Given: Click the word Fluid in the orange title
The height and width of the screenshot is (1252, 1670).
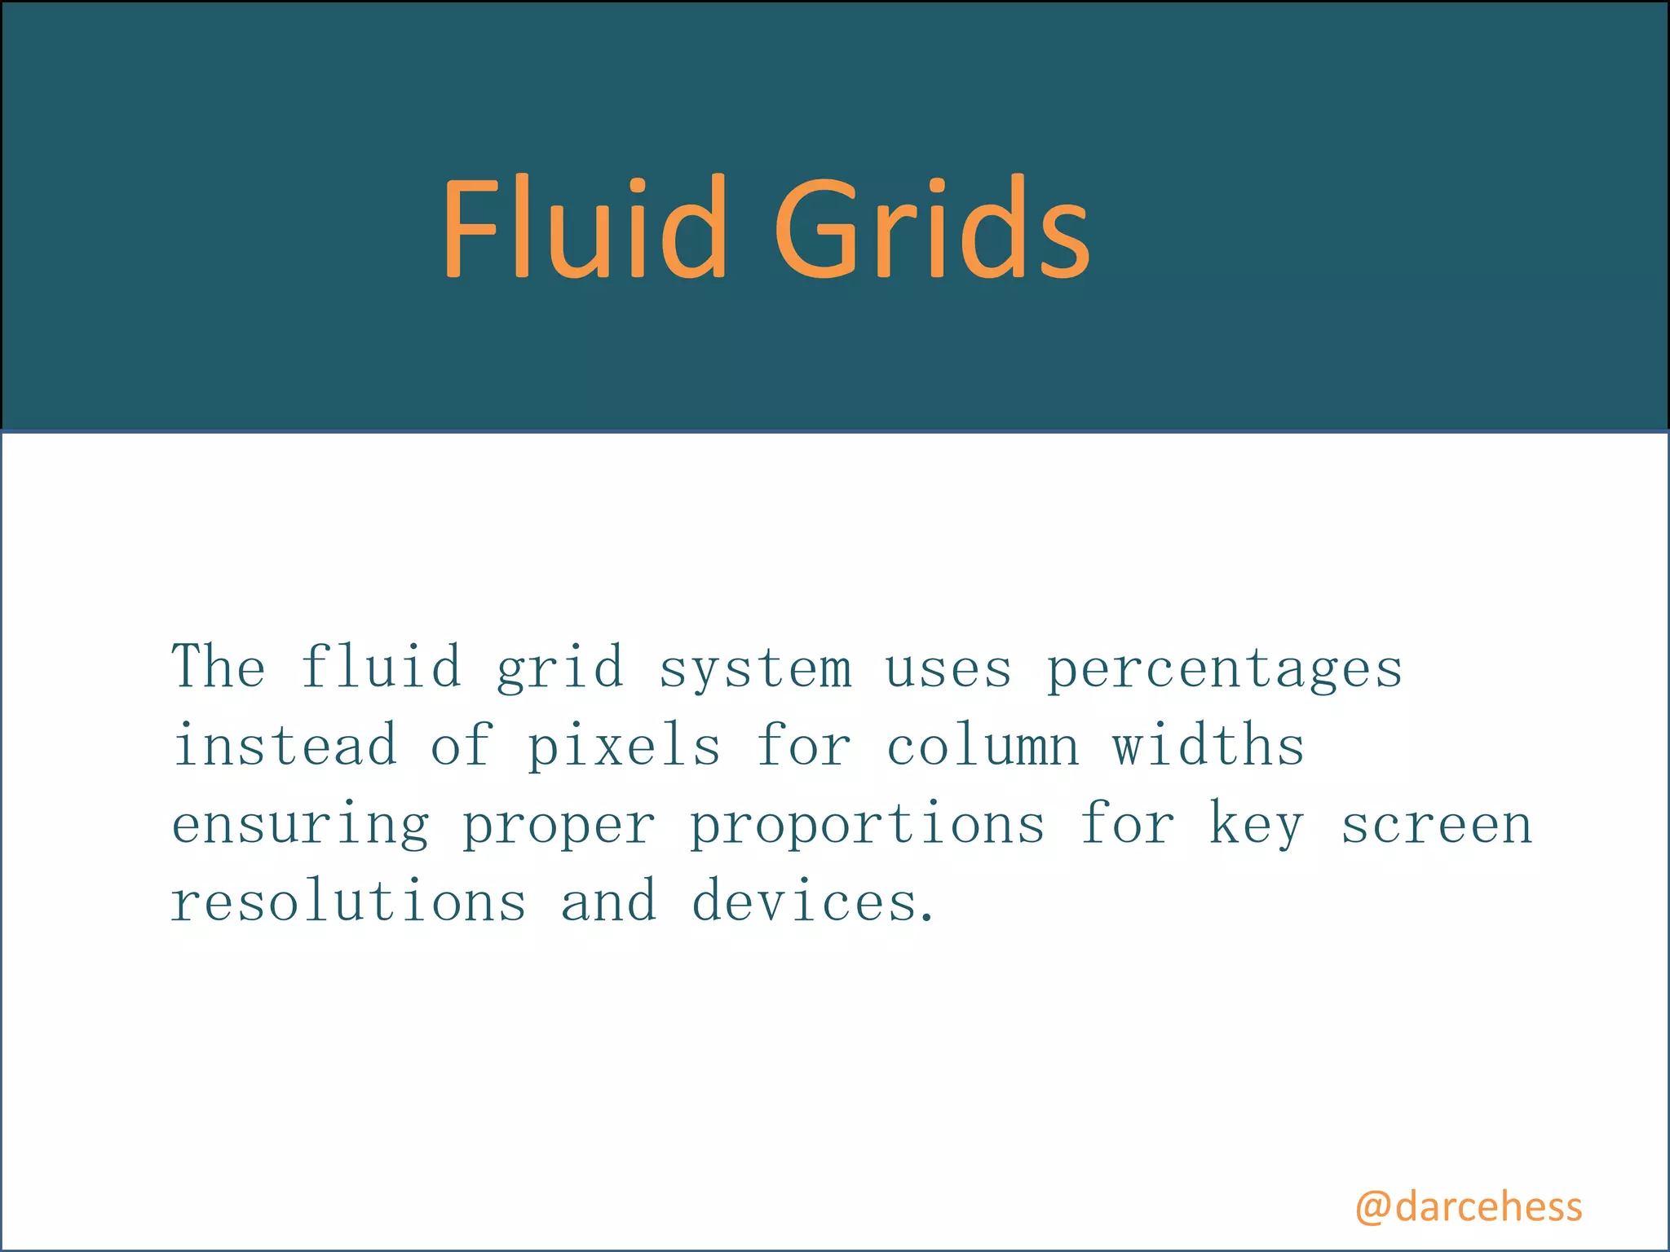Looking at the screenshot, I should [582, 227].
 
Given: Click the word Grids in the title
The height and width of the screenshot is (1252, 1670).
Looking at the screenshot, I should [930, 227].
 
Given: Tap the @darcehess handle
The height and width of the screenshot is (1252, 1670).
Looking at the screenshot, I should [1468, 1207].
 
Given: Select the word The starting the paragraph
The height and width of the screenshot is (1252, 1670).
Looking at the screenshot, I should [219, 667].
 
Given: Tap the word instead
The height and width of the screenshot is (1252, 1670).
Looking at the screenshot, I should [285, 745].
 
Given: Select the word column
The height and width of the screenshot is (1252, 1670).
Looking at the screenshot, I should [983, 745].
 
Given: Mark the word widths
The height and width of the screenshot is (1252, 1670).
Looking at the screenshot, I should [1208, 745].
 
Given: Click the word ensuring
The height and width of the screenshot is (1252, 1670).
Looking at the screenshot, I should [300, 825].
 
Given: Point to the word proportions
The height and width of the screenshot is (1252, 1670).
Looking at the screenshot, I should [868, 825].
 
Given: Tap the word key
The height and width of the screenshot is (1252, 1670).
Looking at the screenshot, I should [1256, 825].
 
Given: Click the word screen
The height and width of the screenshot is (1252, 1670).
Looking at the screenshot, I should [1437, 825].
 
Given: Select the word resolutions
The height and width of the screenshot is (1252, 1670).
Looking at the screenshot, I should [349, 902].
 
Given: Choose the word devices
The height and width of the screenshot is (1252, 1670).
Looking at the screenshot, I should [812, 902].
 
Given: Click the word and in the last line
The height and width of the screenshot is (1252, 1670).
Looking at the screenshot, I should [608, 902].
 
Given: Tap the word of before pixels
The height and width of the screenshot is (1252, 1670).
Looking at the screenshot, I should [462, 745].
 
